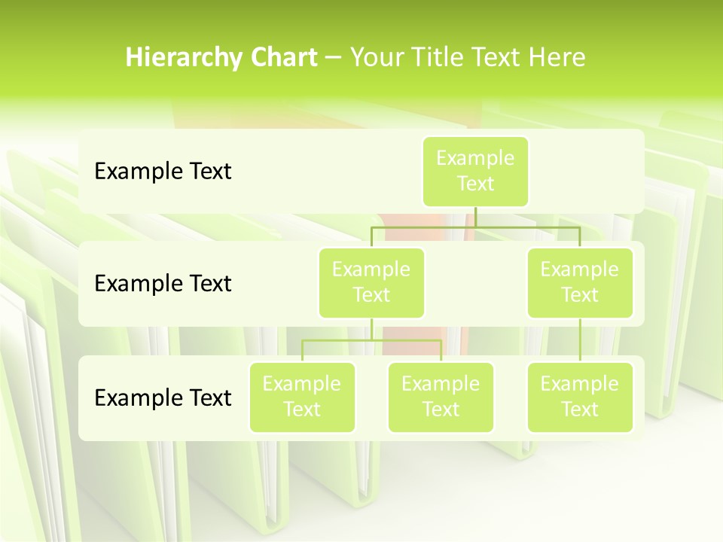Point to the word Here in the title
point(557,58)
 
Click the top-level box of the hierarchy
point(475,172)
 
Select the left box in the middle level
point(371,282)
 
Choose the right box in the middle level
point(580,282)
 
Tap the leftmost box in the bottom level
point(302,397)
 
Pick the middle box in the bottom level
point(441,397)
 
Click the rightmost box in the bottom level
point(580,397)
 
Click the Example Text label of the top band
point(163,172)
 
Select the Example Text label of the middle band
point(163,284)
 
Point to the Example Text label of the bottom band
point(163,397)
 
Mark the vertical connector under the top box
point(475,217)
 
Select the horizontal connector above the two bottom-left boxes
point(371,340)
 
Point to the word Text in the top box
point(475,184)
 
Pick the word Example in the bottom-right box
point(580,385)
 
